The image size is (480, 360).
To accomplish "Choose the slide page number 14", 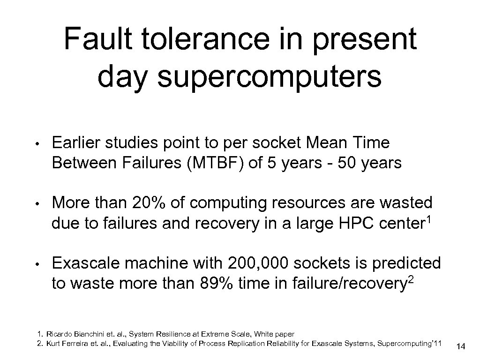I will [x=461, y=347].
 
